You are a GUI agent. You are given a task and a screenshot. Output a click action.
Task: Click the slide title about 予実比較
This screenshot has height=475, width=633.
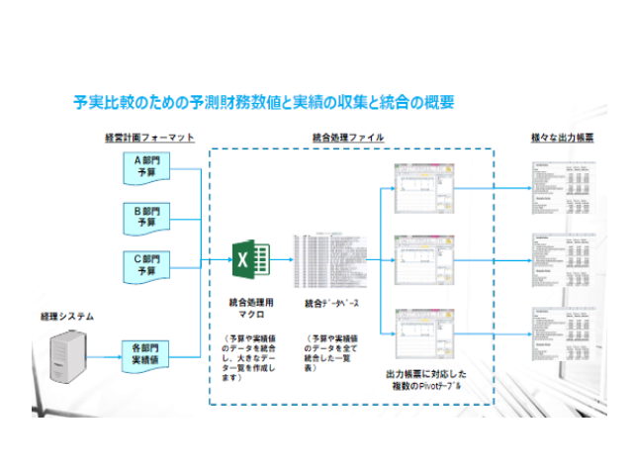(264, 102)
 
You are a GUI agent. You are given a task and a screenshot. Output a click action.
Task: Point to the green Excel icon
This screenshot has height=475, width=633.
(251, 261)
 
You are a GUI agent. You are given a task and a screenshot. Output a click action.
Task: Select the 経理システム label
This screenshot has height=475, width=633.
(67, 317)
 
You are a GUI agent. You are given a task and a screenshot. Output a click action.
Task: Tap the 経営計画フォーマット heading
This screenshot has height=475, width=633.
(148, 137)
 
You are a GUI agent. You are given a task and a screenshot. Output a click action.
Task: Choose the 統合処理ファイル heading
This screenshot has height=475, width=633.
(348, 137)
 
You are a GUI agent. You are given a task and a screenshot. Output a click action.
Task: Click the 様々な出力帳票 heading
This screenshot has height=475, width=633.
(563, 137)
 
